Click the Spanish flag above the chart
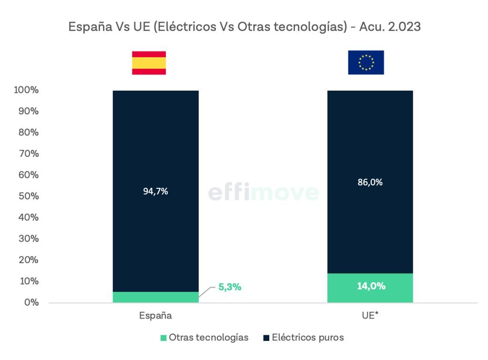(x=149, y=62)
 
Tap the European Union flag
(x=366, y=62)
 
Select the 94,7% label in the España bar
(x=155, y=192)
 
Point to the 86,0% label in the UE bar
(x=370, y=182)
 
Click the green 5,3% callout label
(x=230, y=287)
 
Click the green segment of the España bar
(x=155, y=297)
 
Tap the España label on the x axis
(x=155, y=316)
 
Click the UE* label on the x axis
(x=370, y=316)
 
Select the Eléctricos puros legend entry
(x=303, y=338)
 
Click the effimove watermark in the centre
(x=263, y=193)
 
